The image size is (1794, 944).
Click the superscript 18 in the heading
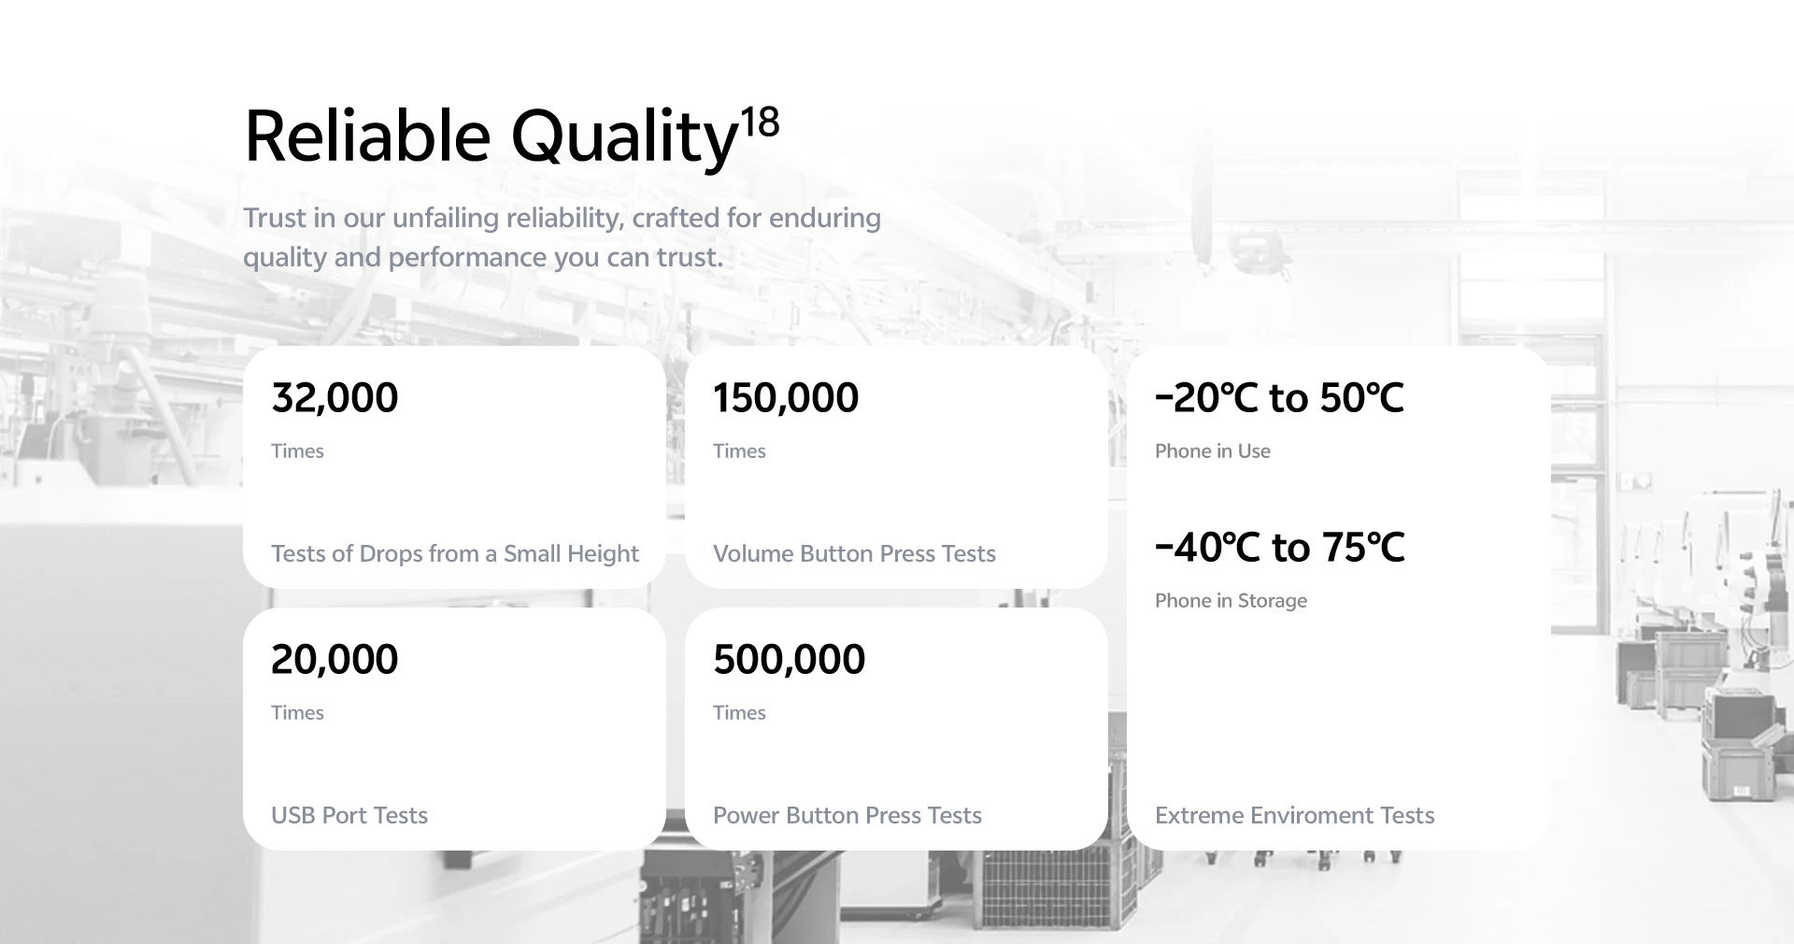pyautogui.click(x=760, y=122)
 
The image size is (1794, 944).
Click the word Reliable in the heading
pyautogui.click(x=367, y=136)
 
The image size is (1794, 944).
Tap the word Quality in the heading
pyautogui.click(x=625, y=139)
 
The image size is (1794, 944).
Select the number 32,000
pyautogui.click(x=335, y=398)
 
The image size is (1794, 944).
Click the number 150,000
pyautogui.click(x=786, y=398)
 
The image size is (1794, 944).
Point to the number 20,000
pyautogui.click(x=335, y=660)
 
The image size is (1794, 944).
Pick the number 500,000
pyautogui.click(x=790, y=660)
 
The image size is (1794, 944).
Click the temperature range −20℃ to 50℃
pyautogui.click(x=1279, y=398)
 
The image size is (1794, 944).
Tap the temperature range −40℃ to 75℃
pyautogui.click(x=1280, y=548)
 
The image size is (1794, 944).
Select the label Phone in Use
pyautogui.click(x=1213, y=451)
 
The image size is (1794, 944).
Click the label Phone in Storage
pyautogui.click(x=1232, y=601)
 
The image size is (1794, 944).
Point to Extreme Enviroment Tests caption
pyautogui.click(x=1295, y=816)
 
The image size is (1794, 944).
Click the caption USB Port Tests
pyautogui.click(x=349, y=816)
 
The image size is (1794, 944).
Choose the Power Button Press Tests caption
pyautogui.click(x=847, y=816)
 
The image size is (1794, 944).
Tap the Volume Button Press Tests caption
pyautogui.click(x=854, y=554)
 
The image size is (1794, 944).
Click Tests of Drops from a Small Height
pyautogui.click(x=455, y=554)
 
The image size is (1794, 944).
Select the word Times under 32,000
pyautogui.click(x=297, y=451)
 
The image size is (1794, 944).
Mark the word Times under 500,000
pyautogui.click(x=739, y=713)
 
